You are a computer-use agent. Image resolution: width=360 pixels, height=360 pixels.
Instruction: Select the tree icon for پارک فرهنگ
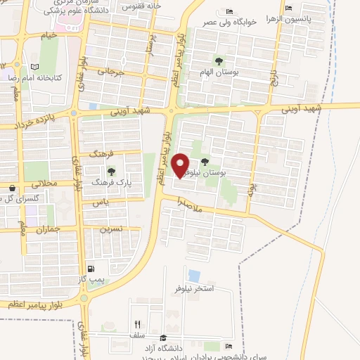110,171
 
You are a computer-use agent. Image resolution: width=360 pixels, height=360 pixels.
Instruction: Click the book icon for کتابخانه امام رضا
34,66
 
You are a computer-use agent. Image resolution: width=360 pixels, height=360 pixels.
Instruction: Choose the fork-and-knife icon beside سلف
138,325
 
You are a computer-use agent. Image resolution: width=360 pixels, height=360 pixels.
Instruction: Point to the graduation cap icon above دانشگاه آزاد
164,339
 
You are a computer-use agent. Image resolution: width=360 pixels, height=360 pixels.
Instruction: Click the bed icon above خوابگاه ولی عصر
230,12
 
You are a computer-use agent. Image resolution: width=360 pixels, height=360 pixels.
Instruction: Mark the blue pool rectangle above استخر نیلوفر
194,276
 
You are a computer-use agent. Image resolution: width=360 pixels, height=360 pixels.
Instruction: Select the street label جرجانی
110,71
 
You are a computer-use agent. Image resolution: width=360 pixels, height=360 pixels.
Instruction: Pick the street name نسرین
111,229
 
